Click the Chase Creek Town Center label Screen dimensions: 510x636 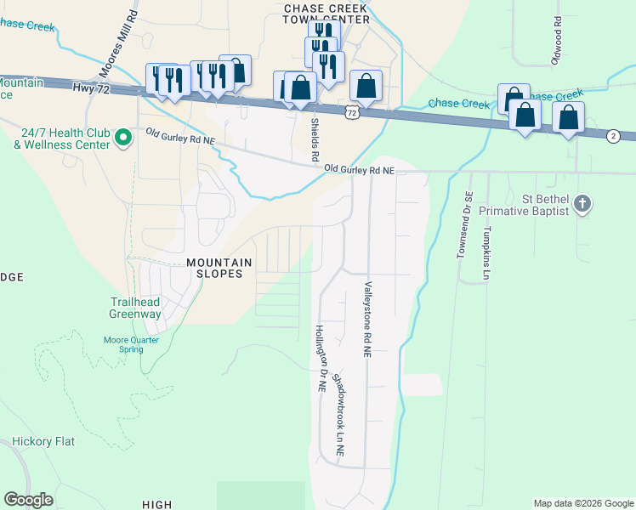point(327,13)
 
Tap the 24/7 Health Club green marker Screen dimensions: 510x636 point(122,136)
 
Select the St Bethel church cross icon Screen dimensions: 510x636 point(582,204)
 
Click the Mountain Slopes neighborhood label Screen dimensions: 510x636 point(220,268)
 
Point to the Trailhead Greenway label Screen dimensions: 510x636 point(135,308)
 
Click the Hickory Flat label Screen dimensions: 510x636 point(44,442)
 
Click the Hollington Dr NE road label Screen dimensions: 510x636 point(321,357)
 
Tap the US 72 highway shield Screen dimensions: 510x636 point(352,112)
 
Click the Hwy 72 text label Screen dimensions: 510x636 point(93,88)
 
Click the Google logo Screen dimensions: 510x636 point(28,500)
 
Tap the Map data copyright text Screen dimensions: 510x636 point(582,503)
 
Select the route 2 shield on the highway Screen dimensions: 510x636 point(612,136)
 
